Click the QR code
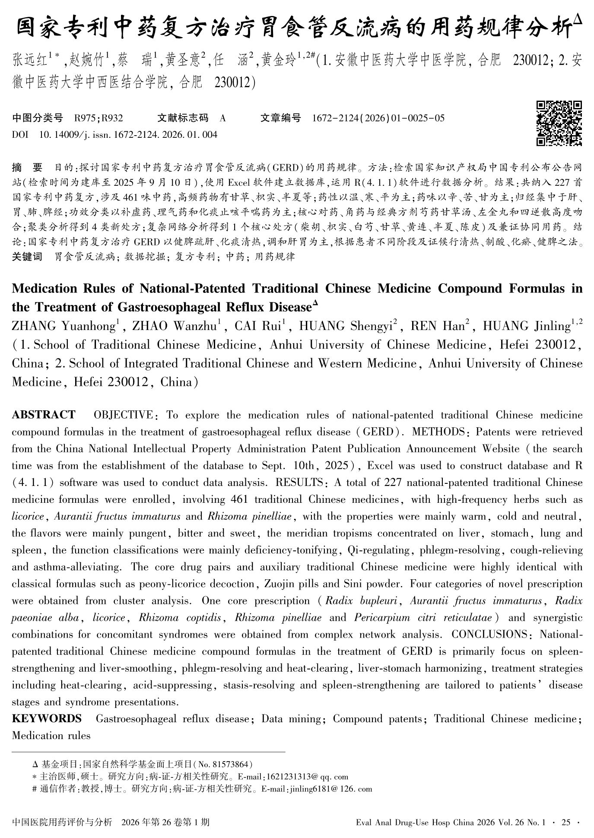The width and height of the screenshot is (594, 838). pyautogui.click(x=559, y=124)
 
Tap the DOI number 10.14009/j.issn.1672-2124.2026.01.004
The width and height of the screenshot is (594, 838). pyautogui.click(x=128, y=135)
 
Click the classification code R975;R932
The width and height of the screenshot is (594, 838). pyautogui.click(x=98, y=118)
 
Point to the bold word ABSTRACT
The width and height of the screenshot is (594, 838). pyautogui.click(x=43, y=415)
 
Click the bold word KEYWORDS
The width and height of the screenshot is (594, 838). pyautogui.click(x=47, y=718)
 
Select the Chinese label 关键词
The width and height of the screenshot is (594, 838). pyautogui.click(x=27, y=257)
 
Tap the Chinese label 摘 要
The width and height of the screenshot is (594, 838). pyautogui.click(x=27, y=167)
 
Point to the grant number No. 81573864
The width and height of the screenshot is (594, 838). pyautogui.click(x=226, y=764)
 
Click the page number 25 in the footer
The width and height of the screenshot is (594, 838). pyautogui.click(x=566, y=822)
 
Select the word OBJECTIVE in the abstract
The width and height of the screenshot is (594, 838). pyautogui.click(x=123, y=415)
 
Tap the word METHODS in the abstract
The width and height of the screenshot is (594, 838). pyautogui.click(x=438, y=432)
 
